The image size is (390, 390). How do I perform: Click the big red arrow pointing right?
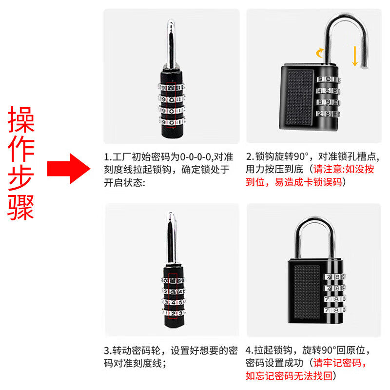click(x=69, y=168)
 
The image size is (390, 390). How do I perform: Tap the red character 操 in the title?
click(x=21, y=119)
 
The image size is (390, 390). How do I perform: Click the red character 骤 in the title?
click(x=21, y=207)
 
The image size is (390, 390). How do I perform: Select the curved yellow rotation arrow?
click(x=320, y=53)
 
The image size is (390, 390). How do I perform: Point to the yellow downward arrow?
click(x=355, y=56)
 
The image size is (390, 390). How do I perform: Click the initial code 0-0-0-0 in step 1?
click(x=195, y=157)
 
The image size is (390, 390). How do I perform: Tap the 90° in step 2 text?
click(x=301, y=156)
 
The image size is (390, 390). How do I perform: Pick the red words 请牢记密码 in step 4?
click(x=337, y=363)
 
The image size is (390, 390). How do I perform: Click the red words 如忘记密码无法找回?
click(x=289, y=376)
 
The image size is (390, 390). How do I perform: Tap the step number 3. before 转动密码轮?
click(x=108, y=351)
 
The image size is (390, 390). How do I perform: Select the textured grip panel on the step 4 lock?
click(x=307, y=292)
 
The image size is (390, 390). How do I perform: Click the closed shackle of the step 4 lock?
click(x=315, y=221)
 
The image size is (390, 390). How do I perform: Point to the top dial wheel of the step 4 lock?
click(x=334, y=277)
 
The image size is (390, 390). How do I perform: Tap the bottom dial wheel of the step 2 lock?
click(x=328, y=114)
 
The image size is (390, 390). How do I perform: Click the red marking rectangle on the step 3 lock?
click(x=173, y=296)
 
